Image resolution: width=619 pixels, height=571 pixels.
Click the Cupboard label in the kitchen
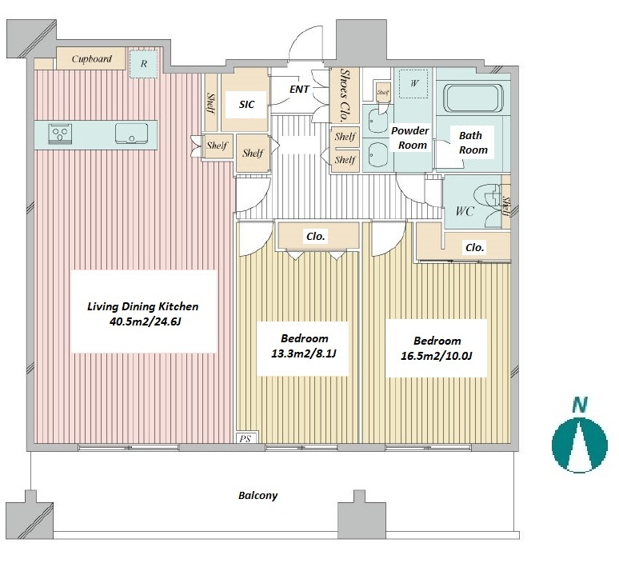pyautogui.click(x=92, y=59)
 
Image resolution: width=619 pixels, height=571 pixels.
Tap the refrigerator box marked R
pyautogui.click(x=144, y=63)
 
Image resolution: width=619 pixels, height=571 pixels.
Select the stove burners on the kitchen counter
pyautogui.click(x=61, y=134)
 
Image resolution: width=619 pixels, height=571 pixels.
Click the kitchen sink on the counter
pyautogui.click(x=131, y=134)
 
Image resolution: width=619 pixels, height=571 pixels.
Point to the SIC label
pyautogui.click(x=247, y=104)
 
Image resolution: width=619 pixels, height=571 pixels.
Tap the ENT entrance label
pyautogui.click(x=299, y=90)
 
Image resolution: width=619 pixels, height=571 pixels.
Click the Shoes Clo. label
pyautogui.click(x=345, y=95)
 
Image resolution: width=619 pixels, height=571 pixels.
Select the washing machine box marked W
pyautogui.click(x=413, y=83)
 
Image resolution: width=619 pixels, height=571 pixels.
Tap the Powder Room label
pyautogui.click(x=410, y=138)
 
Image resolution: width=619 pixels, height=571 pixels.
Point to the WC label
pyautogui.click(x=464, y=211)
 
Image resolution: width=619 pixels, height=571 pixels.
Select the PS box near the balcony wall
pyautogui.click(x=246, y=438)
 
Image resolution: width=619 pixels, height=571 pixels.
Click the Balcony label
pyautogui.click(x=258, y=496)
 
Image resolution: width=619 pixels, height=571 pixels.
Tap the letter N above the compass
pyautogui.click(x=580, y=405)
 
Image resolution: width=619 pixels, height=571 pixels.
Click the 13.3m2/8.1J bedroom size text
pyautogui.click(x=303, y=353)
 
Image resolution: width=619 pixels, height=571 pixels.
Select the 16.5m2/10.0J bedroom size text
pyautogui.click(x=436, y=356)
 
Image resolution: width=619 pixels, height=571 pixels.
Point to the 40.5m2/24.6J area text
pyautogui.click(x=145, y=321)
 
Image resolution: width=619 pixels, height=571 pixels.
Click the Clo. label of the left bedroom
pyautogui.click(x=316, y=237)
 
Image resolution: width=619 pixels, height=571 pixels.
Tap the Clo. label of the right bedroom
pyautogui.click(x=474, y=248)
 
